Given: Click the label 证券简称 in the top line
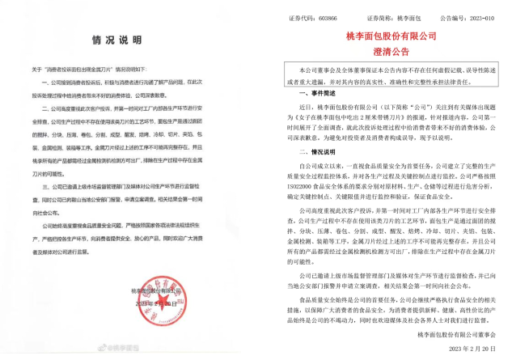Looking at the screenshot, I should click(x=361, y=15).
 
